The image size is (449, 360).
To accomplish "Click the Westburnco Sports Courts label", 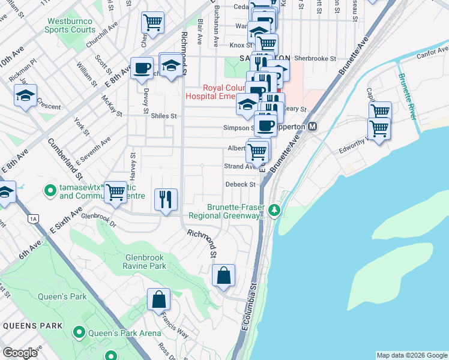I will (71, 25).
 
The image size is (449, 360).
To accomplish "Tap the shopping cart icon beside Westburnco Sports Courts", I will (152, 23).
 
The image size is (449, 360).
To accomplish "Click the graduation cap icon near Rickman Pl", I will (26, 95).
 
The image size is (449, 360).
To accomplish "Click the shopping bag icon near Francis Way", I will (158, 299).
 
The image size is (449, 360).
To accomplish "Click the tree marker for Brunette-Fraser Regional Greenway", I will (274, 209).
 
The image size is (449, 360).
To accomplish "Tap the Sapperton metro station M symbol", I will (312, 127).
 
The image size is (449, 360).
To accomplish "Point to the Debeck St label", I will (241, 184).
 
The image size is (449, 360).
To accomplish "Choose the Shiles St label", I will (164, 116).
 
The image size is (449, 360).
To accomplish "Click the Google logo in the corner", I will (20, 353).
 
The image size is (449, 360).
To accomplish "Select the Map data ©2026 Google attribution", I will (411, 355).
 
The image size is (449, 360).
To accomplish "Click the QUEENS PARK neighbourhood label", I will (32, 325).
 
